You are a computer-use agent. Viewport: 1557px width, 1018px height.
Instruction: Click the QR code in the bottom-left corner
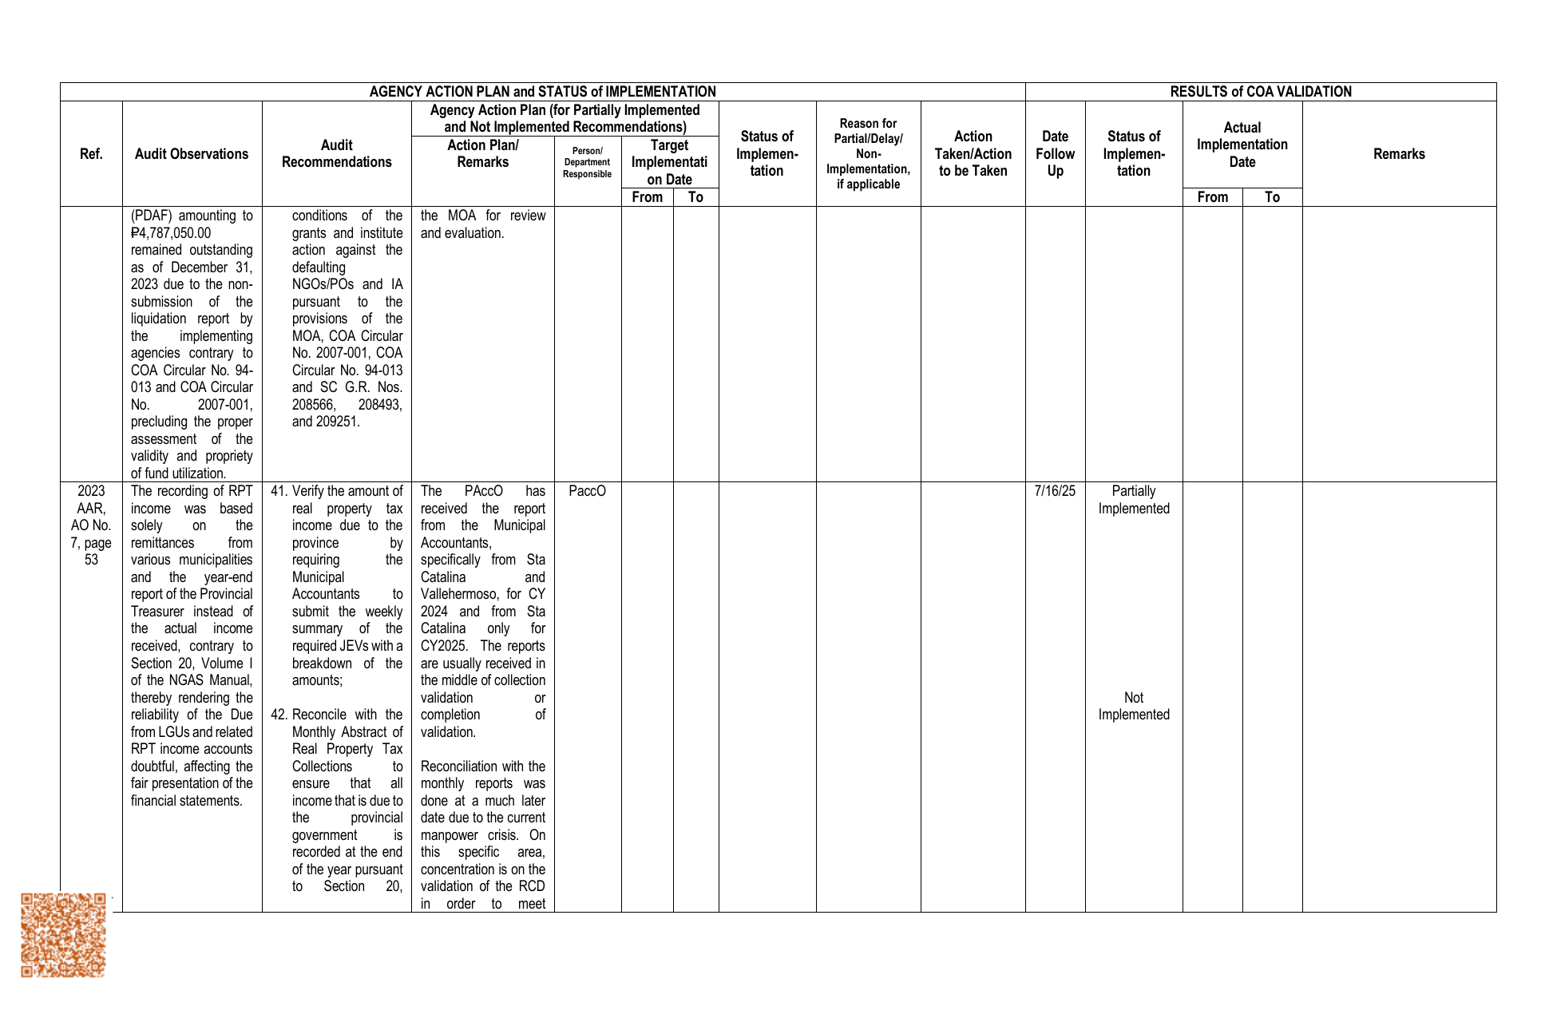point(63,934)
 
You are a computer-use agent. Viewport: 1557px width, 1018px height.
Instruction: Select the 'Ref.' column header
point(91,154)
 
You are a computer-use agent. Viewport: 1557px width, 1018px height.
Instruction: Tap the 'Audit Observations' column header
point(192,154)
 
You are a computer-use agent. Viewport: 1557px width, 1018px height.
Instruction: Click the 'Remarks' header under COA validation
point(1399,154)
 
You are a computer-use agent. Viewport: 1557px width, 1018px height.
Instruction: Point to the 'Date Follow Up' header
point(1055,154)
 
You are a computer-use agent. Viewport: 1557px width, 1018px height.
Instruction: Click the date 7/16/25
point(1055,491)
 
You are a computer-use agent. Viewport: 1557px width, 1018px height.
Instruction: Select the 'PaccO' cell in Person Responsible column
point(587,491)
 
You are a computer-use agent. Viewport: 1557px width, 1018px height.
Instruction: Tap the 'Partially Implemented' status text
point(1133,500)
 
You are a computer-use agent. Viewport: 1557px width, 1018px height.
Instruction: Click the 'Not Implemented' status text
point(1133,706)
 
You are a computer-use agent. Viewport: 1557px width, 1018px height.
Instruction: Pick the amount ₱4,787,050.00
point(171,233)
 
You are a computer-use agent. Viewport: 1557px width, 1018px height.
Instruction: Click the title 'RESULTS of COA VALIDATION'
point(1260,92)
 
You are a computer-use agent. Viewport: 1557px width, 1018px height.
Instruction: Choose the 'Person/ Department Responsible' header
point(587,162)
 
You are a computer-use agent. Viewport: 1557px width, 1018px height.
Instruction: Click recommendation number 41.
point(279,491)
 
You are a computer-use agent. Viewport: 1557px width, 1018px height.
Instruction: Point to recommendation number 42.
point(279,715)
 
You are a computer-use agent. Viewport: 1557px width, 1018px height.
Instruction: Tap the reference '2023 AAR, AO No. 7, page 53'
point(91,525)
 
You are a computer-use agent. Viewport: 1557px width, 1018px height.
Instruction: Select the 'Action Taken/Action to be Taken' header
point(973,154)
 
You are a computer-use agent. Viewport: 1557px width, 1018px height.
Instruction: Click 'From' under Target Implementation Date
point(647,197)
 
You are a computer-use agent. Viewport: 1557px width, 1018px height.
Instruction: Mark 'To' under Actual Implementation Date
point(1272,197)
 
